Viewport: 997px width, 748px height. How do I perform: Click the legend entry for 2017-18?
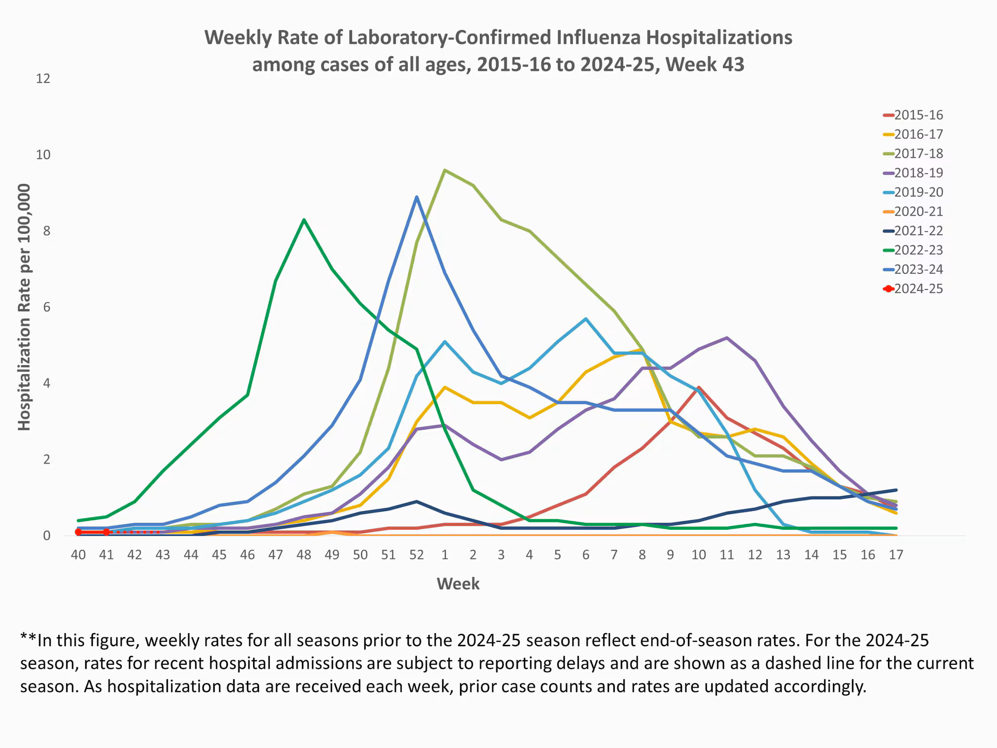(918, 154)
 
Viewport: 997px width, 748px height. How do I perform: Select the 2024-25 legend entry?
(918, 289)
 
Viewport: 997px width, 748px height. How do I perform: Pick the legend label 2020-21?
(918, 212)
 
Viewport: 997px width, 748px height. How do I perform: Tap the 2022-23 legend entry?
(918, 250)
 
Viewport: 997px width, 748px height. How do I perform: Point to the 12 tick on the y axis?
(43, 79)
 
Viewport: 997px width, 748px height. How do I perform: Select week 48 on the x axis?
(304, 555)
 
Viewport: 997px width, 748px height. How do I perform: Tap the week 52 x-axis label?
(416, 555)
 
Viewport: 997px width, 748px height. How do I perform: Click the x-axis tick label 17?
(896, 555)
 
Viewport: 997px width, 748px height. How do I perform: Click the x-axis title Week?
(458, 584)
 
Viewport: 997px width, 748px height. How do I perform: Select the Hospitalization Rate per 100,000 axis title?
(24, 307)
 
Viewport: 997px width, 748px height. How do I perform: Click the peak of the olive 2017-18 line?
(444, 170)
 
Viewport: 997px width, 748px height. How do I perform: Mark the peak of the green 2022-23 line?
(304, 220)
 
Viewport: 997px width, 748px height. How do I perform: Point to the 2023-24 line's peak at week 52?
(417, 197)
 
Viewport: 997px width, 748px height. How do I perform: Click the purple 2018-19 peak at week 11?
(727, 337)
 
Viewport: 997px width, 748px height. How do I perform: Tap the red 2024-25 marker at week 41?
(106, 532)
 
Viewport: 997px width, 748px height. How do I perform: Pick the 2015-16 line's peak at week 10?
(699, 388)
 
